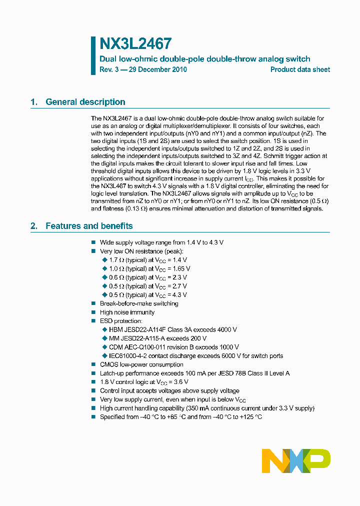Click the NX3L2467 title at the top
[x=135, y=44]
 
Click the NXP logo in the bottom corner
[x=296, y=460]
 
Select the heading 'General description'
[x=85, y=102]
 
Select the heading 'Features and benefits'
[x=89, y=226]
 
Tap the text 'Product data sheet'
[x=300, y=69]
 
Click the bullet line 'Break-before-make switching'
[x=139, y=303]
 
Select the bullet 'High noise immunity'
[x=127, y=312]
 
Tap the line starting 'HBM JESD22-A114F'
[x=172, y=330]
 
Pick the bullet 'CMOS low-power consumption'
[x=141, y=364]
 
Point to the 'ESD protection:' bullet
[x=121, y=321]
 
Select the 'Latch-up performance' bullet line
[x=194, y=373]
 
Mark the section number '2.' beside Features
[x=34, y=226]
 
